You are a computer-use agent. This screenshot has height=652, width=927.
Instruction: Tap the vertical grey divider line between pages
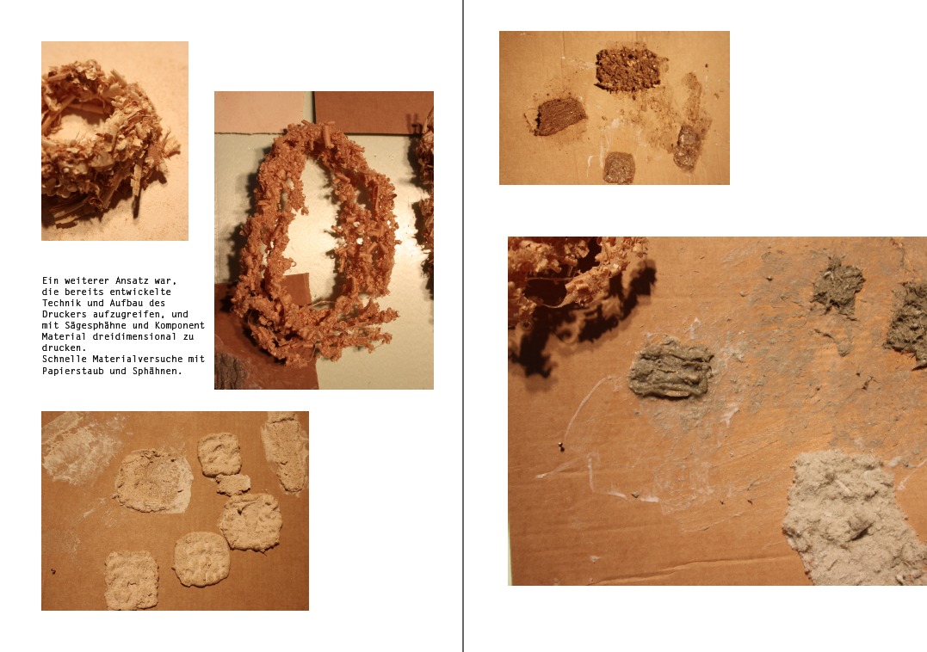463,326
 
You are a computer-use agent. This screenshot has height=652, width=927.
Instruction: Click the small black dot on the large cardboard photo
560,447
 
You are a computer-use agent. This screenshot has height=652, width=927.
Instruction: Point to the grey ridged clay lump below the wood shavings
671,369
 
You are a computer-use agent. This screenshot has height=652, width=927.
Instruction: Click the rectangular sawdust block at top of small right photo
628,69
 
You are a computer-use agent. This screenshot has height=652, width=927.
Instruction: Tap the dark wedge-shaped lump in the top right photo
559,116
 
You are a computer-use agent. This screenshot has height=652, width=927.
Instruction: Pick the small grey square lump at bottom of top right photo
619,167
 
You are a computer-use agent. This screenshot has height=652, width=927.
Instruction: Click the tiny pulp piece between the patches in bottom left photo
232,484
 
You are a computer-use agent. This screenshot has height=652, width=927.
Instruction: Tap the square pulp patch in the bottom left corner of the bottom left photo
132,579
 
